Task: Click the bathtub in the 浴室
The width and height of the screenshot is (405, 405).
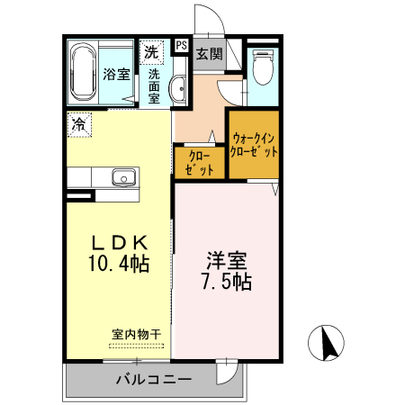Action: pyautogui.click(x=83, y=70)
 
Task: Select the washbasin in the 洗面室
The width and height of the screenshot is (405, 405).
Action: pyautogui.click(x=178, y=88)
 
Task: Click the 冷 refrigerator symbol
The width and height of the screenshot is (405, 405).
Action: pyautogui.click(x=79, y=124)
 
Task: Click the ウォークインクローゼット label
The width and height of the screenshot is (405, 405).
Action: pyautogui.click(x=254, y=145)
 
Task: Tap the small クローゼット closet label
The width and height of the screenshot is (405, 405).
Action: pyautogui.click(x=199, y=163)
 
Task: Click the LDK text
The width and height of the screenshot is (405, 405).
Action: pyautogui.click(x=117, y=243)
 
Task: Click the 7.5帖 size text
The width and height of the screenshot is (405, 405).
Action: pyautogui.click(x=225, y=282)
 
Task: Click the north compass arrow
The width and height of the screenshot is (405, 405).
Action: pyautogui.click(x=329, y=343)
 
